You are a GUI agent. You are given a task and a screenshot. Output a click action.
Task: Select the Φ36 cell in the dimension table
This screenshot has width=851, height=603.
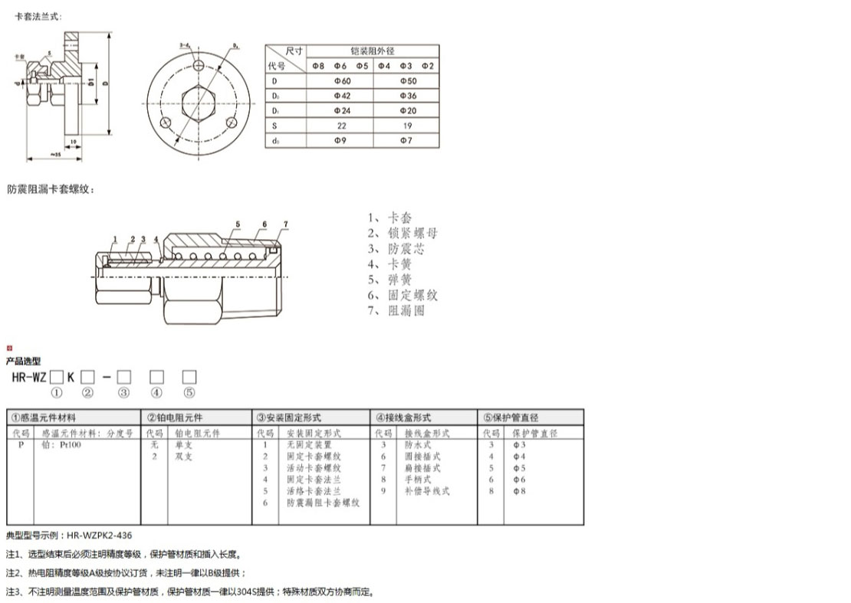(x=406, y=96)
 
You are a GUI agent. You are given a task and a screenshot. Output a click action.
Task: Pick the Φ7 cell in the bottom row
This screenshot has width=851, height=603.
(x=406, y=140)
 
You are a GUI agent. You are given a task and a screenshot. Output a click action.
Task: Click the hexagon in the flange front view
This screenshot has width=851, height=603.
(x=199, y=103)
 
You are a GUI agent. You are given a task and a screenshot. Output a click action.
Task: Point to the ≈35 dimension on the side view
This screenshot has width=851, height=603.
(x=56, y=156)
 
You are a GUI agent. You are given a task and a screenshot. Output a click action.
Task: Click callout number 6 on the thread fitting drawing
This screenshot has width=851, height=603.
(x=263, y=224)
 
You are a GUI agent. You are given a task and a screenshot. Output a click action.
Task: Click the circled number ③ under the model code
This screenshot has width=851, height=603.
(x=123, y=393)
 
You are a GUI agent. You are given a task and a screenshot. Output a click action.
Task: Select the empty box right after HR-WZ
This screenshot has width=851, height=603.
(x=57, y=377)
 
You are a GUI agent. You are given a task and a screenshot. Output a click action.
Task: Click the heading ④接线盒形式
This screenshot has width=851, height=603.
(x=403, y=418)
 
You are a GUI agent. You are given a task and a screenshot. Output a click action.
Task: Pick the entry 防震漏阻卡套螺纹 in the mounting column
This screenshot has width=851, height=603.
(x=323, y=503)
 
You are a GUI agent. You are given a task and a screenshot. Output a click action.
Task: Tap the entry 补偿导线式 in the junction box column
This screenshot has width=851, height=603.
(x=427, y=491)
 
